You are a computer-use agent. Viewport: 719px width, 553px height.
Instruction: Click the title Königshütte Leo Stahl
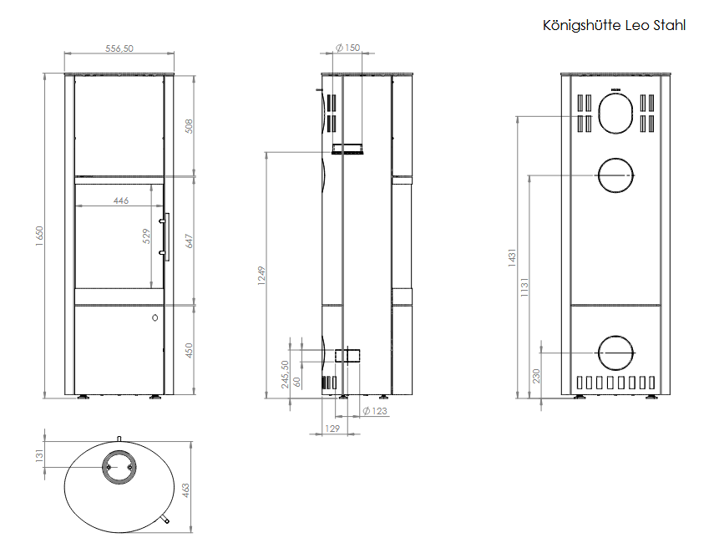pos(614,26)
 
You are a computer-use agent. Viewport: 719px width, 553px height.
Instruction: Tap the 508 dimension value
pos(190,126)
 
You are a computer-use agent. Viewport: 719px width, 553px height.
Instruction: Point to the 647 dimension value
pos(190,241)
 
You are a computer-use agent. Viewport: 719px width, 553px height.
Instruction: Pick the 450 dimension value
pos(190,351)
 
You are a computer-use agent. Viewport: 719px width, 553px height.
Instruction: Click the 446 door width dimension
pos(120,201)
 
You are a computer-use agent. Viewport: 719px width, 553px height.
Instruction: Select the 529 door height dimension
pos(146,236)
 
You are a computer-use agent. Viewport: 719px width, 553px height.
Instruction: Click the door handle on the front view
pos(167,237)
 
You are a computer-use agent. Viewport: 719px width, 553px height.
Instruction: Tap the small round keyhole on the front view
pos(155,317)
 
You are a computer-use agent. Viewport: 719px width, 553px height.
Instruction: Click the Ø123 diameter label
pos(375,410)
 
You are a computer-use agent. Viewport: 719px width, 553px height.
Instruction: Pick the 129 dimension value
pos(331,429)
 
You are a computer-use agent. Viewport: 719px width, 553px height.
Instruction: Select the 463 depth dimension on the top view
pos(186,486)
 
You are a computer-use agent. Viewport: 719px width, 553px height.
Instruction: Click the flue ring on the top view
pos(119,468)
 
